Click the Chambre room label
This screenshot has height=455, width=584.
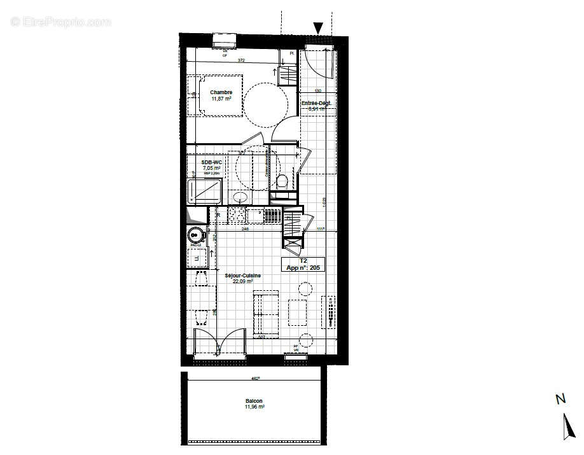(x=221, y=92)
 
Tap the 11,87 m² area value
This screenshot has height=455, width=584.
(x=221, y=99)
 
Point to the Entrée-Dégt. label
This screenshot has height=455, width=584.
(x=317, y=102)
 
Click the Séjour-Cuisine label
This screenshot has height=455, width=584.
(x=242, y=275)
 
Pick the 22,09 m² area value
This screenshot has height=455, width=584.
(x=242, y=281)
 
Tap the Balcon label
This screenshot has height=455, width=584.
(x=254, y=401)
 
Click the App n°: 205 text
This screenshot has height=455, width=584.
(x=305, y=268)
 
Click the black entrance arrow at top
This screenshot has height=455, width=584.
(x=318, y=27)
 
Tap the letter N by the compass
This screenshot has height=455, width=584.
(x=560, y=399)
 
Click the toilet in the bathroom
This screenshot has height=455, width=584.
(x=282, y=181)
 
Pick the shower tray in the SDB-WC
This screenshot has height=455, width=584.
(x=204, y=191)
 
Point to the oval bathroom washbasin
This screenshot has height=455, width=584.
(x=239, y=197)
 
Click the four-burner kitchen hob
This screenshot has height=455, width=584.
(x=237, y=216)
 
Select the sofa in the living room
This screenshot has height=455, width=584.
(x=267, y=312)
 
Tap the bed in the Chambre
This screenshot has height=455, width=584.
(x=216, y=95)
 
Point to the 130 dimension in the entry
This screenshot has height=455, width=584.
(x=317, y=91)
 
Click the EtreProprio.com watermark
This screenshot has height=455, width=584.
(x=60, y=22)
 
